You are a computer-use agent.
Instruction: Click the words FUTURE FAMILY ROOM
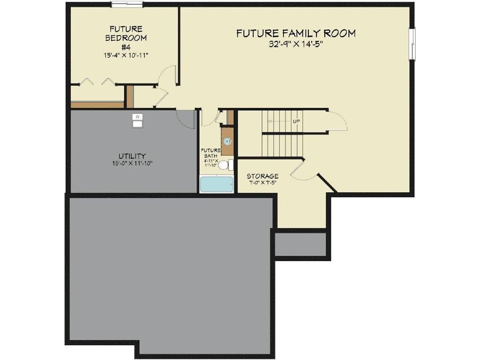pos(295,33)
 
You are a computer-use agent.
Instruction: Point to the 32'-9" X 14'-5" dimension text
pos(295,44)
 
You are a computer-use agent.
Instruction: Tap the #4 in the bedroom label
pos(126,47)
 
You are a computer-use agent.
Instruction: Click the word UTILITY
pos(132,156)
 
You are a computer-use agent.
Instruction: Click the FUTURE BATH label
pos(210,153)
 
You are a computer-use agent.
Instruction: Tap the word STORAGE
pos(262,176)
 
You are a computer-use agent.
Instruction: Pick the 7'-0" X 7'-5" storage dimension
pos(262,183)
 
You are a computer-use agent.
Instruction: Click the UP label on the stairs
pos(296,121)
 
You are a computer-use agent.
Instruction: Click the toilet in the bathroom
pos(225,165)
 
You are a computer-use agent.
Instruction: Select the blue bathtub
pos(217,184)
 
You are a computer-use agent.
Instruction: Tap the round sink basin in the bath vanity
pos(227,141)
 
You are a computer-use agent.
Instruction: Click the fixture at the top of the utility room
pos(137,120)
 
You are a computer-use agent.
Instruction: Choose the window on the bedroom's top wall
pos(127,5)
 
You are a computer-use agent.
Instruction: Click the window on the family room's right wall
pos(412,44)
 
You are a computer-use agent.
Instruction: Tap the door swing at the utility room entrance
pos(186,119)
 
